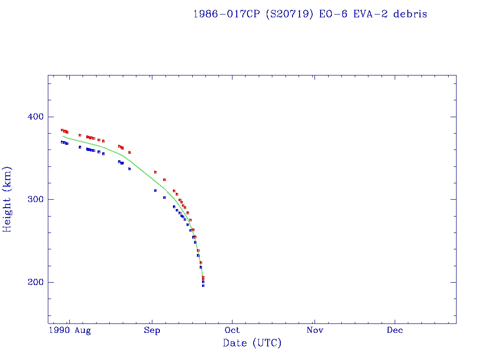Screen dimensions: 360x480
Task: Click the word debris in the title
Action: click(x=410, y=14)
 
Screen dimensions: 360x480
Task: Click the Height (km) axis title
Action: click(x=7, y=199)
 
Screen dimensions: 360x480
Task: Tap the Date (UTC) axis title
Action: click(x=252, y=343)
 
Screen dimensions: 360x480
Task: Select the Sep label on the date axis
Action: click(x=152, y=330)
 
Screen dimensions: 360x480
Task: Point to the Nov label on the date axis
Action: click(x=315, y=330)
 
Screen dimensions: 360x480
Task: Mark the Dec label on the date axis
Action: click(x=395, y=330)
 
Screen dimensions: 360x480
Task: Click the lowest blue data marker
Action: click(x=203, y=285)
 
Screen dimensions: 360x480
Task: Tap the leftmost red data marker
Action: click(x=62, y=130)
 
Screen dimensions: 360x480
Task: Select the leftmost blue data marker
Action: click(x=62, y=142)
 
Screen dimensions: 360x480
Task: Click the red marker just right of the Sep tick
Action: click(x=155, y=172)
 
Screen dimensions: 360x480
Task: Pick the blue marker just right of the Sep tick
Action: click(x=155, y=190)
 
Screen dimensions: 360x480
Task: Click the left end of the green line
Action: click(x=63, y=136)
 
